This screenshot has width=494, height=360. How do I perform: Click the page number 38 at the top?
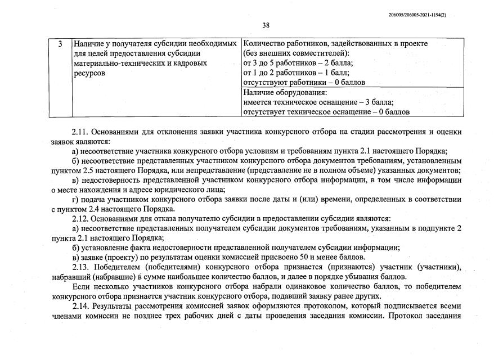click(x=266, y=25)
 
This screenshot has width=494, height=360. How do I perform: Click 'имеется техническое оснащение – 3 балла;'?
click(x=318, y=102)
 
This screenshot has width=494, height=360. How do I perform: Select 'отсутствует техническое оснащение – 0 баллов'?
click(x=326, y=112)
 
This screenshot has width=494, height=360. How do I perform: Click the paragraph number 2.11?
click(x=80, y=132)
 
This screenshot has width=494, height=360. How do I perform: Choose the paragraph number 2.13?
click(x=80, y=267)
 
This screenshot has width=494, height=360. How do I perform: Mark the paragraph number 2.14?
click(x=80, y=306)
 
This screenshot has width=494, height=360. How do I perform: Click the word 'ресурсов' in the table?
click(x=89, y=73)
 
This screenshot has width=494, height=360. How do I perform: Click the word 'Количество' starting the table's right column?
click(x=263, y=43)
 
